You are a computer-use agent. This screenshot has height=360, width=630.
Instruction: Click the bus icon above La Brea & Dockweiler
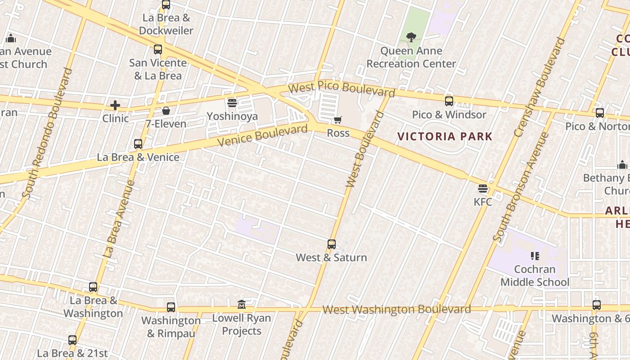point(166,5)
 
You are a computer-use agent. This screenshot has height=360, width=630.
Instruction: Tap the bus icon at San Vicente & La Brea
point(158,49)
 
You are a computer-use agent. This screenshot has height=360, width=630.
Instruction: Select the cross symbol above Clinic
point(115,106)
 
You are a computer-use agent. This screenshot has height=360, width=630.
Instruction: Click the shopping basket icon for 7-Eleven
point(166,111)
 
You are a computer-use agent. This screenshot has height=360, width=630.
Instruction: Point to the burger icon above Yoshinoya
point(232,103)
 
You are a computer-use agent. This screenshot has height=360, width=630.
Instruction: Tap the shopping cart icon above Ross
point(338,120)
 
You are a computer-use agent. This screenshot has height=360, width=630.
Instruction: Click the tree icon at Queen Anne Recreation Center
point(411,37)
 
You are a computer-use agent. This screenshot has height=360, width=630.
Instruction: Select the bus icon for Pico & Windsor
point(449,101)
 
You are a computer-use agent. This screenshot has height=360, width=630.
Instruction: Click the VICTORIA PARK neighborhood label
point(445,136)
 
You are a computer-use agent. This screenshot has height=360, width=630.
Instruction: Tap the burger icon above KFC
point(483,189)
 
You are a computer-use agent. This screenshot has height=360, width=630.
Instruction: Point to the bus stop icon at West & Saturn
point(332,244)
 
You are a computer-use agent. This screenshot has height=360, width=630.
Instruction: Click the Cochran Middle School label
point(535,276)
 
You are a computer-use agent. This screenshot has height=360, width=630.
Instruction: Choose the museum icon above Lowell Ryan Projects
point(242,305)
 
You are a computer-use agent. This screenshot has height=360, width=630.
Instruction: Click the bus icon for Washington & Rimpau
point(171,307)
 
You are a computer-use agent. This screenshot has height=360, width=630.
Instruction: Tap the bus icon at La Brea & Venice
point(138,144)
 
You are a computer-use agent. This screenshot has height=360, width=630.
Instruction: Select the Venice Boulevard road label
point(263,135)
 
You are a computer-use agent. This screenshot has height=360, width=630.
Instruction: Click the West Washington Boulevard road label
point(396,310)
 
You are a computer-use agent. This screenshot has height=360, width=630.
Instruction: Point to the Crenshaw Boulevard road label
point(539,87)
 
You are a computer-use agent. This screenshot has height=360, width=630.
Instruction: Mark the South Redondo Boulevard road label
point(46,133)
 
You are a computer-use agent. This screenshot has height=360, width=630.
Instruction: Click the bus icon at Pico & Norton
point(600,113)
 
